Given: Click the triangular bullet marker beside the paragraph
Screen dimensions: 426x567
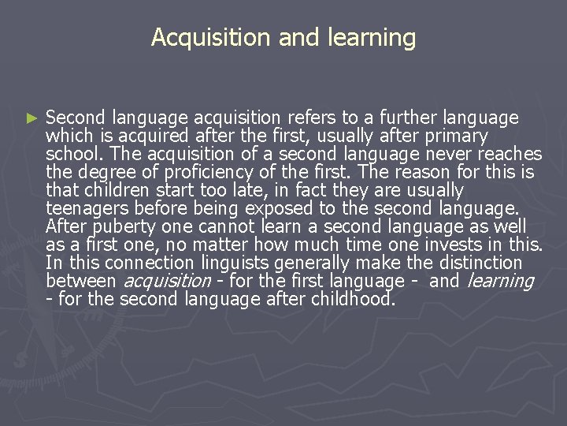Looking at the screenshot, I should pos(31,118).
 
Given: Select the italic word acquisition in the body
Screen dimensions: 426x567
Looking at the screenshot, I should pos(168,281).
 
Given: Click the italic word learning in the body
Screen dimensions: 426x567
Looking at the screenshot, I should pos(501,281).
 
